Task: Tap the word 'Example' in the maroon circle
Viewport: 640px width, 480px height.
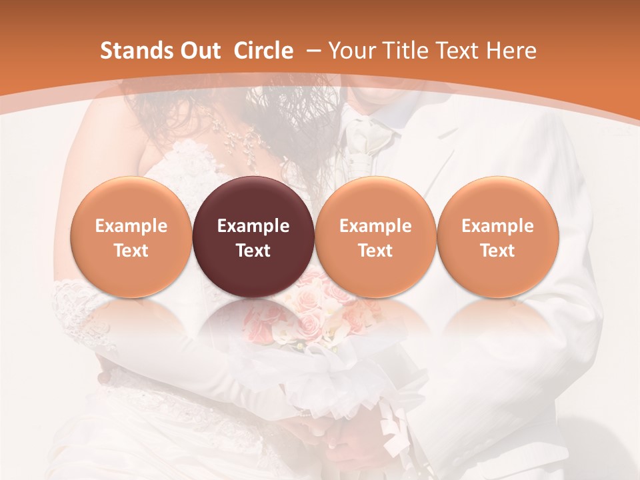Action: pos(253,226)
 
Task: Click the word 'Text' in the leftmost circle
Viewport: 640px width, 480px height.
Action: pos(131,251)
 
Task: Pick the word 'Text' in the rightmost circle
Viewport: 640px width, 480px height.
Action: pos(497,251)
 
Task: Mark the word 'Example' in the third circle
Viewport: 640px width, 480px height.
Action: pos(375,226)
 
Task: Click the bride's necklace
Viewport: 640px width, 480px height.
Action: pos(237,137)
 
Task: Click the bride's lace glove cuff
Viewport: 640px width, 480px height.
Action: pos(73,303)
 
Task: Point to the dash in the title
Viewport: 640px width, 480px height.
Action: pos(313,51)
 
